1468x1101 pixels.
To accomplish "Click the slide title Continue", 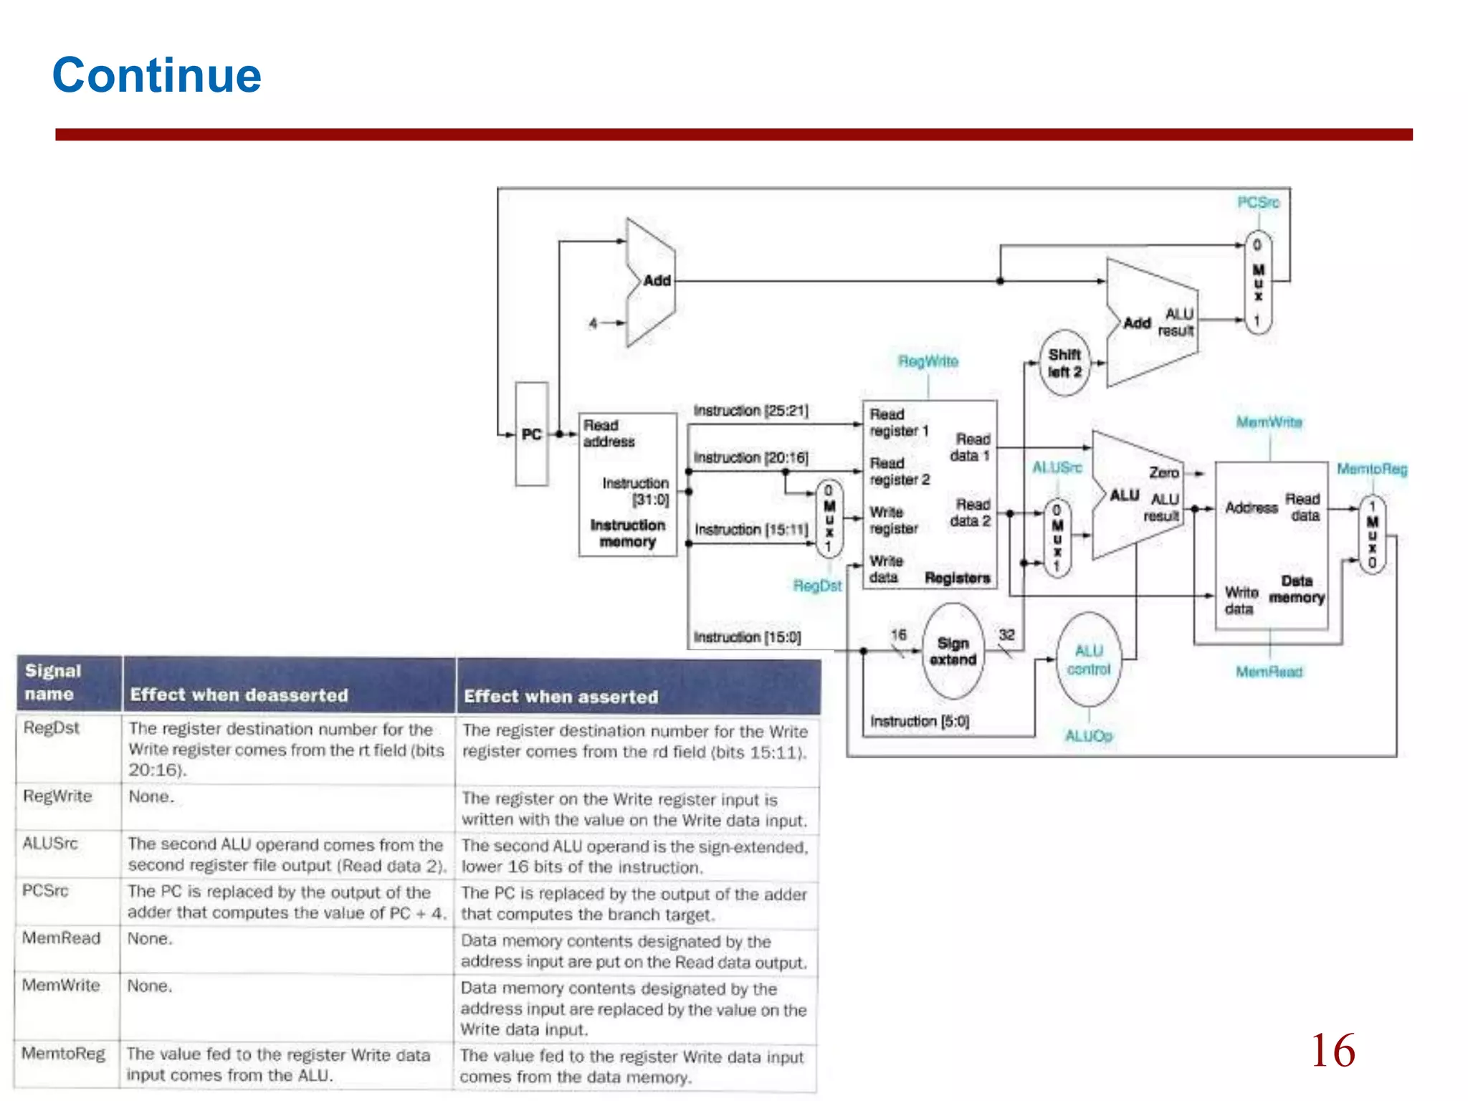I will pos(157,75).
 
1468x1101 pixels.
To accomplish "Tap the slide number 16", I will pos(1333,1051).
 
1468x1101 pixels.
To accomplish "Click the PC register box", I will pos(532,434).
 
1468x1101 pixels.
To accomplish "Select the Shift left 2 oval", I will pos(1064,363).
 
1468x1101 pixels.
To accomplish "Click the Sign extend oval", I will pos(953,652).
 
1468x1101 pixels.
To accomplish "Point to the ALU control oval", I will pos(1088,660).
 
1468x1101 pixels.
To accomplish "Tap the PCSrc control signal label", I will pos(1258,203).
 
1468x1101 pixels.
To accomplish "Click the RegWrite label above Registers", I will pos(928,361).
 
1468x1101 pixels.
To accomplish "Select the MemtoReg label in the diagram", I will pos(1372,470).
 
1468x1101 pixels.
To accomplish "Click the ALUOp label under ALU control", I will pos(1088,736).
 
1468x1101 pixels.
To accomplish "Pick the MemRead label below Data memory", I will pos(1269,672).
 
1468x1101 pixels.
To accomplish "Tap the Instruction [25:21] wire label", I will pos(750,411).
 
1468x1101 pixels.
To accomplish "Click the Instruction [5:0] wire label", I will pos(920,721).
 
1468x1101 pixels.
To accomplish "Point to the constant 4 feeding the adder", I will pos(593,323).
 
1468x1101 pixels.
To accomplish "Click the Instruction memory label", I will pos(627,533).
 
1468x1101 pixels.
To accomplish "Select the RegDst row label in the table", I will pos(52,728).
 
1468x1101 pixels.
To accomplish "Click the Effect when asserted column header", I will pos(561,697).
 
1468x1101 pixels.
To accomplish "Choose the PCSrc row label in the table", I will pos(45,891).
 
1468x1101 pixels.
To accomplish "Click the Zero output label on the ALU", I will pos(1163,473).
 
